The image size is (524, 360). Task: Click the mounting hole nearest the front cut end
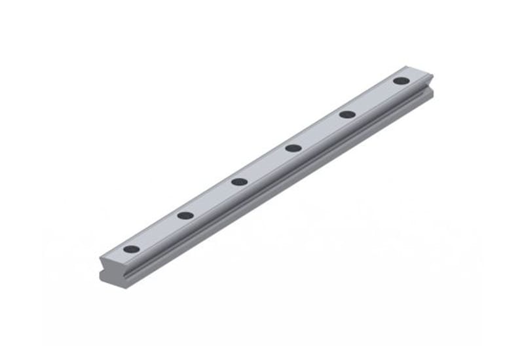tap(132, 249)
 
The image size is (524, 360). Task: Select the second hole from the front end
tap(185, 215)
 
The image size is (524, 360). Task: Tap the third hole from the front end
tap(240, 181)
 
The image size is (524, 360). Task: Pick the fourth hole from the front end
tap(293, 148)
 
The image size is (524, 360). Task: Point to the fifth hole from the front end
tap(347, 115)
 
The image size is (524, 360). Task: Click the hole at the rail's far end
tap(401, 81)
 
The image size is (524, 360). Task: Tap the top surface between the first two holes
tap(159, 232)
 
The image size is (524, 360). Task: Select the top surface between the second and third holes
tap(212, 198)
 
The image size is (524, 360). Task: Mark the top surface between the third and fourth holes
tap(267, 164)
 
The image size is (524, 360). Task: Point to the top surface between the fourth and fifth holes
tap(320, 131)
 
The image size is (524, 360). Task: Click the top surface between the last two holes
tap(374, 98)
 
